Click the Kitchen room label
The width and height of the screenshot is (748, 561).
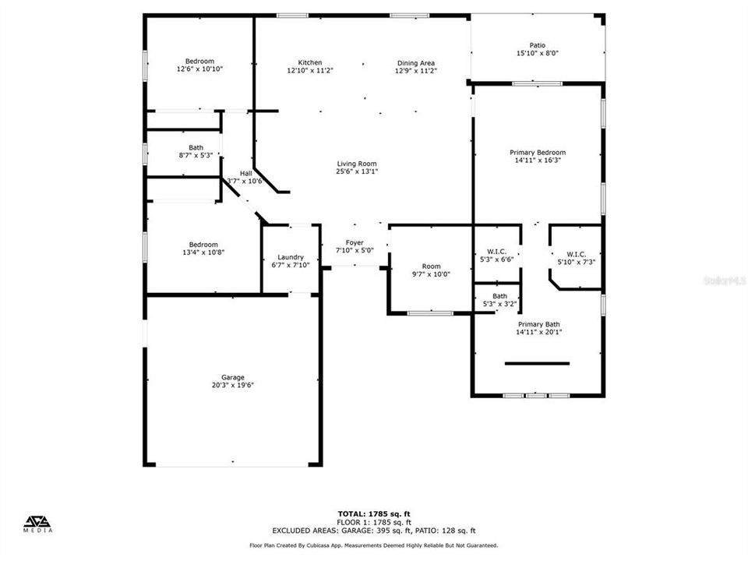310,63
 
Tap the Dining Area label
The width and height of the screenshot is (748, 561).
416,63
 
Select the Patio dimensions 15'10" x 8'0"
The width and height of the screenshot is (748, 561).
538,54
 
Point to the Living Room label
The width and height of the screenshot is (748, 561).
357,164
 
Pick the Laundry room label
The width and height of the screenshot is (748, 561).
291,257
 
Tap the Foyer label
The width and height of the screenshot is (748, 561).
355,242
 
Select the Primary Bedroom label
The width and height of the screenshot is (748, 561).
538,153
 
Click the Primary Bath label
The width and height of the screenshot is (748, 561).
539,324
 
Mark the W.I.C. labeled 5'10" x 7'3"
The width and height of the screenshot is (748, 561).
576,254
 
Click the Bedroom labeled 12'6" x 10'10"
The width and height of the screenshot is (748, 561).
199,62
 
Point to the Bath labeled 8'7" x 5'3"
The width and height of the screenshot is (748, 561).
196,147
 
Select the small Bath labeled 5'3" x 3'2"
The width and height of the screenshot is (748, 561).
499,296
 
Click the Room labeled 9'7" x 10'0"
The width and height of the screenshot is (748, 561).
431,266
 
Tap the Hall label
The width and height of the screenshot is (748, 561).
245,173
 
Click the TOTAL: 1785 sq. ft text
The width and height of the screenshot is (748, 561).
373,513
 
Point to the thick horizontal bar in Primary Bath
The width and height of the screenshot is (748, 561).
537,363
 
